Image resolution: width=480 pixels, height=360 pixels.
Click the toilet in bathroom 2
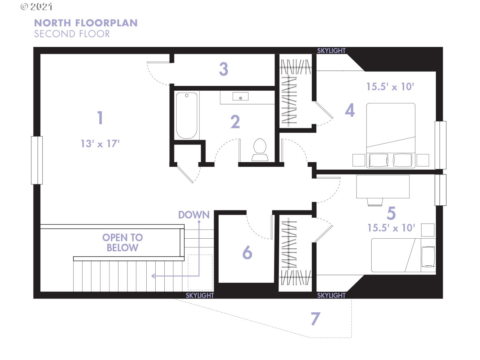(260, 149)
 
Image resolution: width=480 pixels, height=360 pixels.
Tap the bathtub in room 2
(186, 116)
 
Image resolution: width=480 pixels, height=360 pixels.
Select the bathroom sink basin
(240, 96)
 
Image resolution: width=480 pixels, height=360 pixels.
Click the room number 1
(100, 118)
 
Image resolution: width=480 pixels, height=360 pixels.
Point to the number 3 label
(224, 69)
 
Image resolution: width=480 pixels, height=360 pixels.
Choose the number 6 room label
(247, 252)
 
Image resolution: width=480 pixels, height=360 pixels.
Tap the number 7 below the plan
(316, 318)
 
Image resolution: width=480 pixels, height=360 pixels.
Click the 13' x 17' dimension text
(100, 144)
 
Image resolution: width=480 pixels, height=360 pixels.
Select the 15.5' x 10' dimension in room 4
(390, 87)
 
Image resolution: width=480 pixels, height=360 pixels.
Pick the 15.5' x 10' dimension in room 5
(391, 228)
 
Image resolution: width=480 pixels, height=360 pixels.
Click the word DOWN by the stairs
(194, 215)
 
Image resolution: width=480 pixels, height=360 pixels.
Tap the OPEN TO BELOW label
(122, 242)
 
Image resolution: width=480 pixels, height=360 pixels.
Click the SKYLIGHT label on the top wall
(331, 51)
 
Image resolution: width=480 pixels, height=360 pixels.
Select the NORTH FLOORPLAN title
(86, 23)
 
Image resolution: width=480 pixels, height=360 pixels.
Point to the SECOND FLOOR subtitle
(72, 34)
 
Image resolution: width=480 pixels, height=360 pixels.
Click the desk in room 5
(383, 186)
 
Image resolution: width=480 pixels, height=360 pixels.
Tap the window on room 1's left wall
(37, 160)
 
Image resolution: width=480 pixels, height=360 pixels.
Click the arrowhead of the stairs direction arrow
(153, 276)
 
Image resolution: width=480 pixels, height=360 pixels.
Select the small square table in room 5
(428, 230)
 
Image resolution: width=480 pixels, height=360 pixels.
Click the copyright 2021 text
(36, 7)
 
